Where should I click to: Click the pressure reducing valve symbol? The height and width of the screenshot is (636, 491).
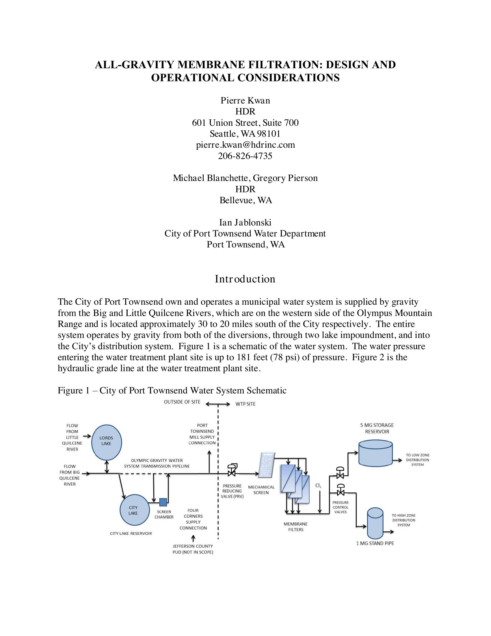pos(232,470)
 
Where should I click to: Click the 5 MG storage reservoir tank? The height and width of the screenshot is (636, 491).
pos(375,453)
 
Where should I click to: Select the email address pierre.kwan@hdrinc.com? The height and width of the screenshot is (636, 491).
pos(245,145)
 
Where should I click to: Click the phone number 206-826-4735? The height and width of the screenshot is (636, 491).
pos(245,156)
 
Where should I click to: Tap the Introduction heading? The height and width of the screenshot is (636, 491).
pos(245,279)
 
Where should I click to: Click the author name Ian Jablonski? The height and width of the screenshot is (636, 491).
pos(245,223)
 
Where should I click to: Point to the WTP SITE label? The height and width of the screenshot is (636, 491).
pos(245,404)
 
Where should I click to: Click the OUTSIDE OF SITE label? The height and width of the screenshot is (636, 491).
pos(182,402)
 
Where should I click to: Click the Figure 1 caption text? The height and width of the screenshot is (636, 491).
pos(172,390)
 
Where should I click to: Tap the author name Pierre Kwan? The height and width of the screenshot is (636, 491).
pos(245,101)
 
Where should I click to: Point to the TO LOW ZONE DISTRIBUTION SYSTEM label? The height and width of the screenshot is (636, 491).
pos(417,460)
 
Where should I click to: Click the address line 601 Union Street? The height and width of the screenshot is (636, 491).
pos(245,123)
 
